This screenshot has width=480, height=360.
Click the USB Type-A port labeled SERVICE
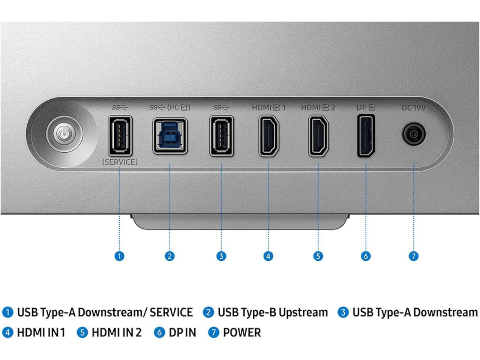pos(120,135)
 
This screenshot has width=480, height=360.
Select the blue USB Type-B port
pos(170,135)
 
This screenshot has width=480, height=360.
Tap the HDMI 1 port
pos(268,136)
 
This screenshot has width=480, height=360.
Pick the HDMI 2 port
pos(318,136)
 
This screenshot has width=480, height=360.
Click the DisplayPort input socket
pos(366,136)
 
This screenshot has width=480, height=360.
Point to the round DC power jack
pos(414,134)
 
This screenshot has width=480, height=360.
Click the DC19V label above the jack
pos(414,108)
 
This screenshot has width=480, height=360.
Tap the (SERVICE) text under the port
pos(120,162)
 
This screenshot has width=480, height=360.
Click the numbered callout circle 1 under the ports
pos(119,256)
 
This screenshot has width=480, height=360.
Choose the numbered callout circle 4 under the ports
pos(268,256)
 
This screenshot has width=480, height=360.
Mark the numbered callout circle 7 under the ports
pos(413,256)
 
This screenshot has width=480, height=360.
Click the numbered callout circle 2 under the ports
pos(169,256)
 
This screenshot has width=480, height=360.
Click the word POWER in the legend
pos(242,333)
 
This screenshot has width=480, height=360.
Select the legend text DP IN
pos(182,333)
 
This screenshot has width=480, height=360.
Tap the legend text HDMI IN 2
pos(117,333)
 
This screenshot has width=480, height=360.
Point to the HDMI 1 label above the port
pos(268,108)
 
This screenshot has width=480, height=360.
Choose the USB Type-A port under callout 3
pos(222,135)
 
